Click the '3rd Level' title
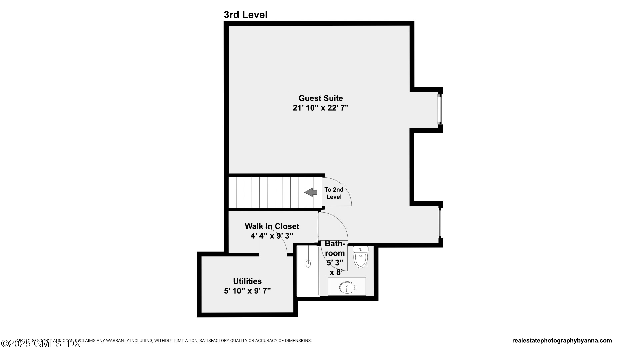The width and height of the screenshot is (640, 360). [245, 15]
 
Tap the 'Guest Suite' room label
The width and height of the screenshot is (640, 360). [320, 98]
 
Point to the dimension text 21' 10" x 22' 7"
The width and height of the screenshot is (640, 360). [320, 108]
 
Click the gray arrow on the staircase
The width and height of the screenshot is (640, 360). [311, 192]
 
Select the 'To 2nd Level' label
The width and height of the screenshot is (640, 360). [334, 193]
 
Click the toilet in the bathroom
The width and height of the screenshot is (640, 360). [360, 258]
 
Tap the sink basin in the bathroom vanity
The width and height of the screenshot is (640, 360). [347, 287]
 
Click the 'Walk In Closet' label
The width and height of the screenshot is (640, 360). [272, 226]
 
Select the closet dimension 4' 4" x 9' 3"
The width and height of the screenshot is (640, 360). [272, 236]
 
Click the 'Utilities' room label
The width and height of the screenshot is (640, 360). [247, 281]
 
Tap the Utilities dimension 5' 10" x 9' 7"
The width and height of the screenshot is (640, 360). [247, 291]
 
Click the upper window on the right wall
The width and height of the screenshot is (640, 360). [440, 109]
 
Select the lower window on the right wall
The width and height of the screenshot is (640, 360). [440, 223]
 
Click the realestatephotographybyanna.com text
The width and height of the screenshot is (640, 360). [562, 341]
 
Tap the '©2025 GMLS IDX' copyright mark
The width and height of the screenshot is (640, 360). [40, 344]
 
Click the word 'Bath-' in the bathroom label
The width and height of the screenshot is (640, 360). [335, 244]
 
